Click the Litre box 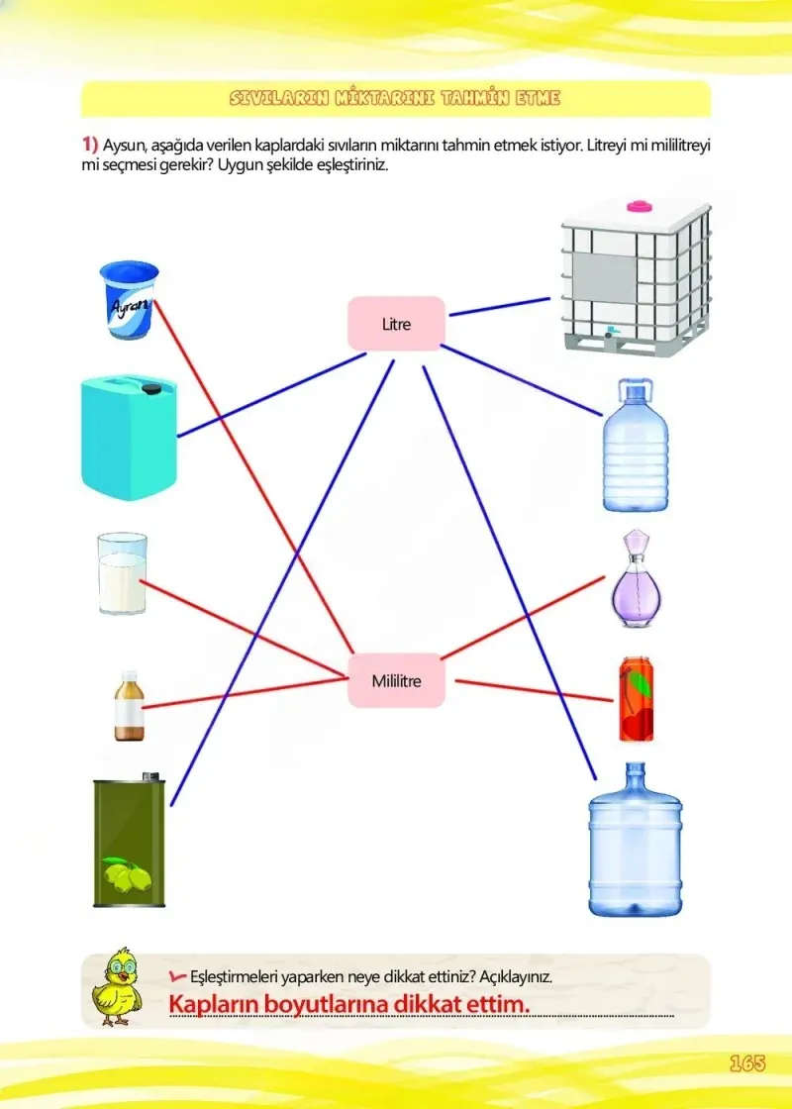pos(396,324)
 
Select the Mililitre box pos(396,680)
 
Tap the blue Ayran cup pos(129,300)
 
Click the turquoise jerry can pos(129,437)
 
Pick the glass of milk pos(123,573)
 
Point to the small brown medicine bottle pos(130,706)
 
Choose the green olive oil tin pos(130,841)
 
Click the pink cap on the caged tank pos(639,207)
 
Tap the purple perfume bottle pos(636,578)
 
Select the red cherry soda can pos(636,699)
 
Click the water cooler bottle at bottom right pos(635,840)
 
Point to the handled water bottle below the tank pos(635,445)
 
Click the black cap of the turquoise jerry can pos(150,388)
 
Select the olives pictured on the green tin pos(128,874)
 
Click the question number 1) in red pos(90,145)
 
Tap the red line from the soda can pos(534,691)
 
